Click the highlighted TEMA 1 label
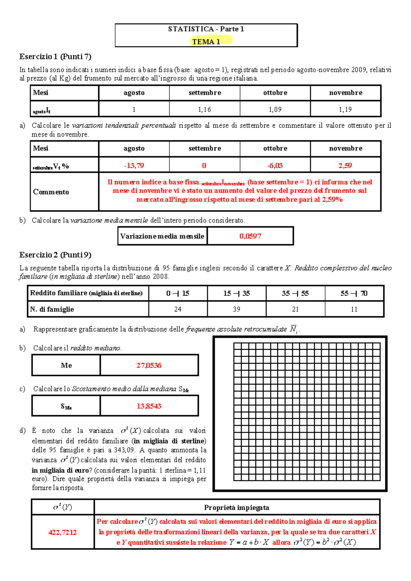(206, 42)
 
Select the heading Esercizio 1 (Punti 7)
(55, 56)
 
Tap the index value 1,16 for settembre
(204, 109)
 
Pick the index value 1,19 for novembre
(345, 109)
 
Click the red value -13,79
(134, 166)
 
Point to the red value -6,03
(275, 166)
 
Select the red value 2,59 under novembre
(345, 166)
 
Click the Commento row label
(51, 192)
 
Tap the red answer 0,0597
(250, 236)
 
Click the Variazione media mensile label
(162, 236)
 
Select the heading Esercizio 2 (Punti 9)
(55, 255)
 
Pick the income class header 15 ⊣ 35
(236, 293)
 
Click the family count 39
(236, 309)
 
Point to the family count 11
(354, 309)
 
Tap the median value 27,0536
(149, 365)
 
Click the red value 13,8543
(149, 406)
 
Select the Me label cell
(66, 365)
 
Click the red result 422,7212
(62, 532)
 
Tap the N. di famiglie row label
(52, 309)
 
